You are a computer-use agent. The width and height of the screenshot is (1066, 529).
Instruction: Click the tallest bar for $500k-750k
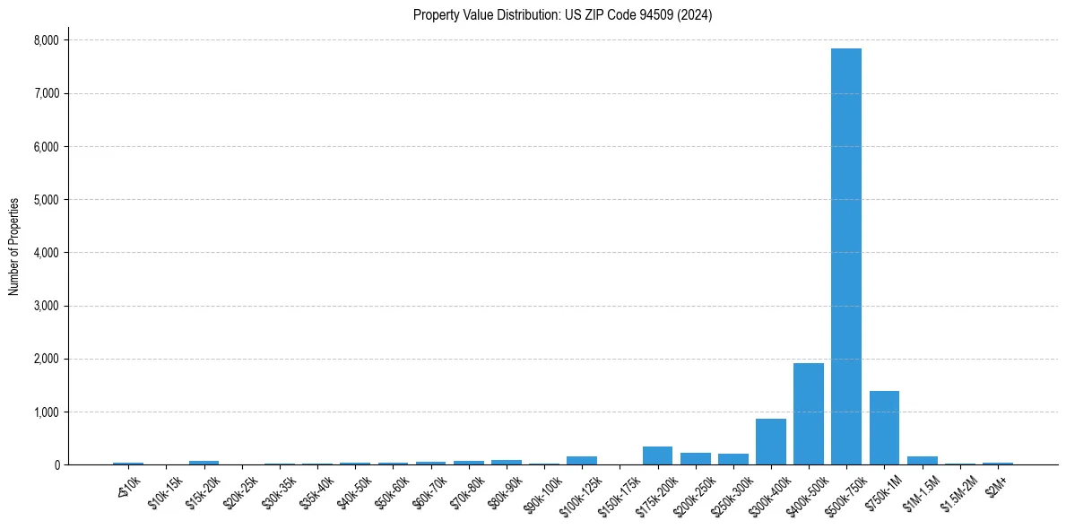pos(845,256)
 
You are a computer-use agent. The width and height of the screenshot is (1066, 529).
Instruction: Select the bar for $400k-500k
pos(808,413)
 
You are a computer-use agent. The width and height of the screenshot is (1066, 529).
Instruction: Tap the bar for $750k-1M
pos(884,428)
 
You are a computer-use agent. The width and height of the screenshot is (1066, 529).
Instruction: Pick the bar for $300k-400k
pos(770,441)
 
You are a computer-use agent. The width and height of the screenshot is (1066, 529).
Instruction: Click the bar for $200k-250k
pos(695,458)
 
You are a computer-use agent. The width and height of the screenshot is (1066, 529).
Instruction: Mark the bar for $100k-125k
pos(581,460)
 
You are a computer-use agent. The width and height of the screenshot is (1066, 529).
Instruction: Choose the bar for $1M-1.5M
pos(922,460)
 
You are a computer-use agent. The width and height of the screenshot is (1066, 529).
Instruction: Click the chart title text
pos(562,15)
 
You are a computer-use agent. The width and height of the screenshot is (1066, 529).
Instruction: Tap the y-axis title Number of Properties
pos(14,247)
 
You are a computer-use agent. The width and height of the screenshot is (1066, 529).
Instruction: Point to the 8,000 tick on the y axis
pos(46,40)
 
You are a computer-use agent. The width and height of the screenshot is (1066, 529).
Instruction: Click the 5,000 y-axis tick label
pos(46,200)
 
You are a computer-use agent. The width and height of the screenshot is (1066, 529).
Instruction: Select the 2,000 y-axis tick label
pos(46,359)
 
